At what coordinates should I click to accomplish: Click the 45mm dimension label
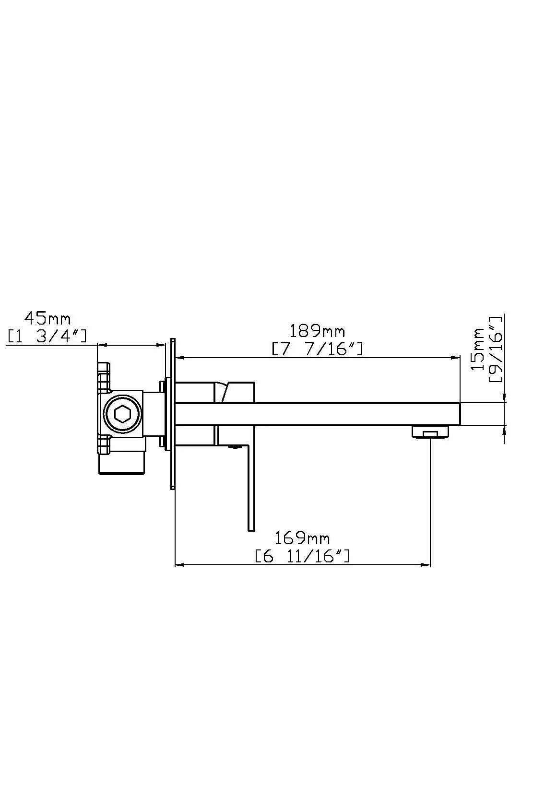point(47,319)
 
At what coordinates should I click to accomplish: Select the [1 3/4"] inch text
point(47,336)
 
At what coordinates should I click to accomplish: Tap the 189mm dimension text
point(317,332)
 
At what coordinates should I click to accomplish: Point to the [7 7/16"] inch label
point(317,349)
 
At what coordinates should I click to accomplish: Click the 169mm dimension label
point(302,539)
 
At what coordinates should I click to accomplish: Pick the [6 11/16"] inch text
point(302,556)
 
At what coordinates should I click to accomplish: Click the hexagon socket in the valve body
point(123,413)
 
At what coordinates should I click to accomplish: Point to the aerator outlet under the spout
point(430,432)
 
